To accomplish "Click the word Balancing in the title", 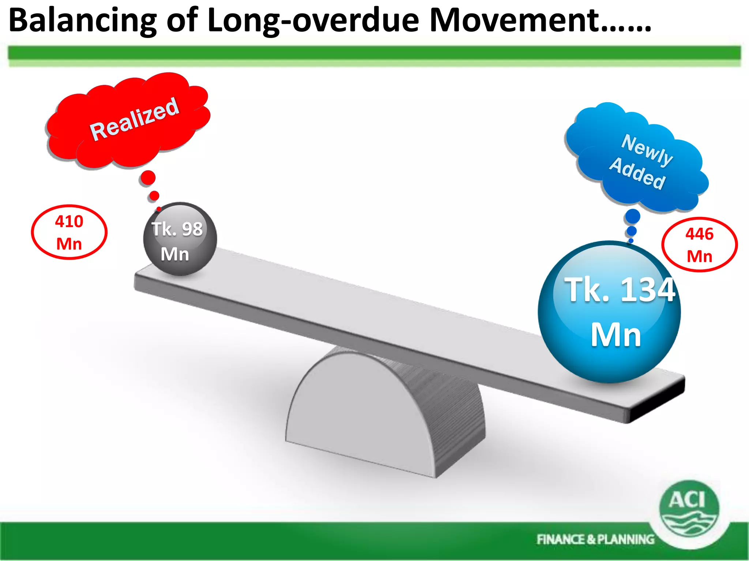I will pos(82,21).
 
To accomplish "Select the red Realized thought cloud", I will pos(128,121).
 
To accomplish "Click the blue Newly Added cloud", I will pos(636,161).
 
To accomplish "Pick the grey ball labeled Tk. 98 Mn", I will pos(180,239).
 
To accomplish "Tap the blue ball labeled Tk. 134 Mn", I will pos(609,312).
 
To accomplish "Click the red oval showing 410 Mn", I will pos(69,232).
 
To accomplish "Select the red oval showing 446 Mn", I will pos(699,245).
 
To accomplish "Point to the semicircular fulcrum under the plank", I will pos(366,409).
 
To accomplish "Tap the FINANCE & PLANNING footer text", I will pos(595,539).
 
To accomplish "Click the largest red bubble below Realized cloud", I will pos(148,178).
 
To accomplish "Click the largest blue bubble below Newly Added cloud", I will pos(632,217).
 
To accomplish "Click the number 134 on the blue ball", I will pos(647,290).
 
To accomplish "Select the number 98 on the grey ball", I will pos(192,229).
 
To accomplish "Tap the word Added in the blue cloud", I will pos(637,174).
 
